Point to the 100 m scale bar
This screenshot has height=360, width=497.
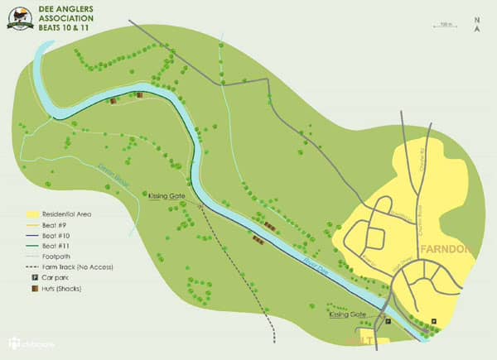[446, 26]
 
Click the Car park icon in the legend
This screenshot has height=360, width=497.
[34, 279]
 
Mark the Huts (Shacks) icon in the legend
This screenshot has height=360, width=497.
[34, 290]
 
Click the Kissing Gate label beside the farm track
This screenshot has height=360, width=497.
[166, 196]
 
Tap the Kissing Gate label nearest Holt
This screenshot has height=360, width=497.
[347, 315]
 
